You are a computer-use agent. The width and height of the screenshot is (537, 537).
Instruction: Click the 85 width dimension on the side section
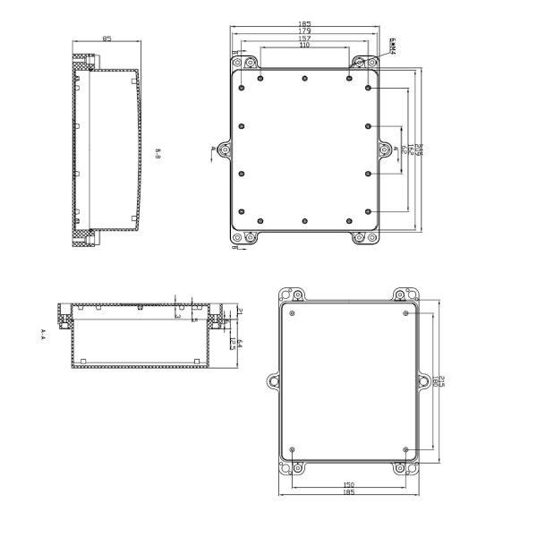click(x=107, y=39)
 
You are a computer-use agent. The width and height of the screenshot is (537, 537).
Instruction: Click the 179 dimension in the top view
click(x=304, y=32)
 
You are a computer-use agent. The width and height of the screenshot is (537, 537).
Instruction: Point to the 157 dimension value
click(x=304, y=39)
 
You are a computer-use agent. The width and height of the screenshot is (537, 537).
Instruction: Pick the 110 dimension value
click(x=304, y=46)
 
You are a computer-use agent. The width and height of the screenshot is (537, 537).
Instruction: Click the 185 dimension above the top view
click(x=304, y=25)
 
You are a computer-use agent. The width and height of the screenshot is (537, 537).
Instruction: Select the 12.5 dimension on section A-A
click(x=232, y=343)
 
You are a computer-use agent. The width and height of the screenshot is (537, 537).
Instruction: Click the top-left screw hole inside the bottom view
click(x=292, y=313)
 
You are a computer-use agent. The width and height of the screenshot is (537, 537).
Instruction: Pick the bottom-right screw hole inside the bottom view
click(x=406, y=449)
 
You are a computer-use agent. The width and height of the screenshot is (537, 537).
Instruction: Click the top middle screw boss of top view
click(x=304, y=78)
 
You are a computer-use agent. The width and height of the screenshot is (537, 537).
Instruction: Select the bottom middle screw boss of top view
click(x=304, y=220)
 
